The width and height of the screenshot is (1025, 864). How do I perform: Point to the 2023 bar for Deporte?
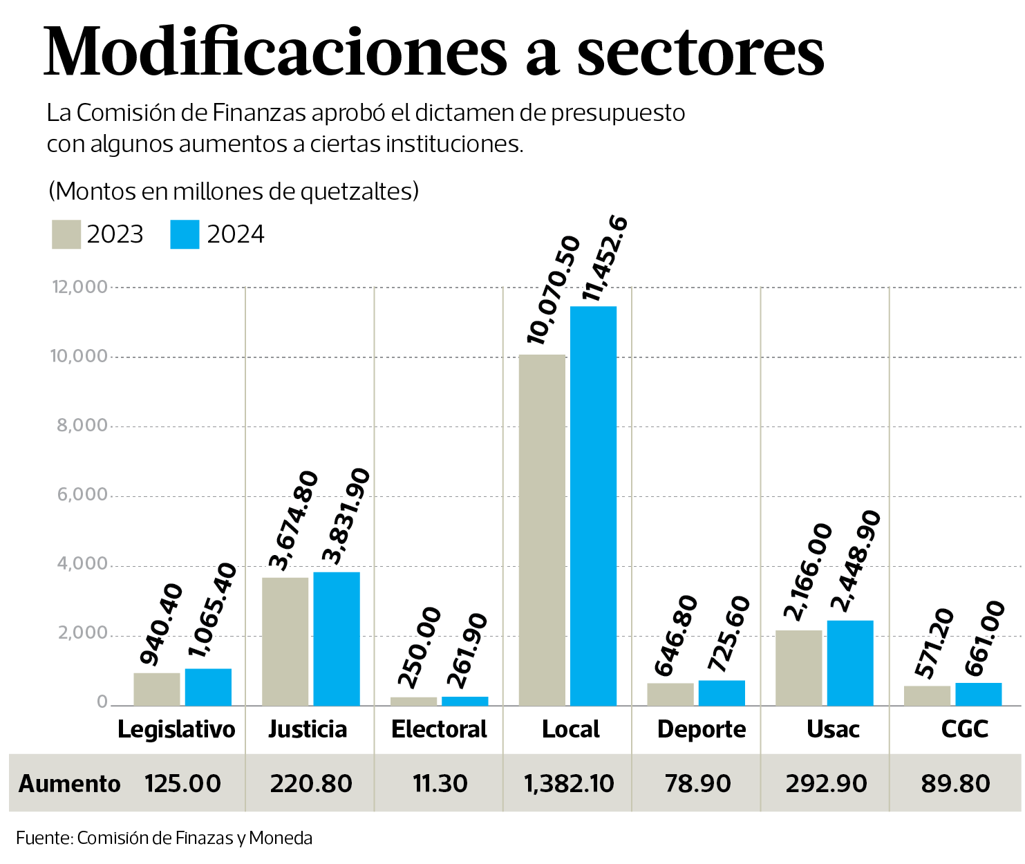tap(670, 694)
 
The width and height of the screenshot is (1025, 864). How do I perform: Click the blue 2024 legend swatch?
tap(185, 234)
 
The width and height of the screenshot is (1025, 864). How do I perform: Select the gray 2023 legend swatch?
tap(66, 234)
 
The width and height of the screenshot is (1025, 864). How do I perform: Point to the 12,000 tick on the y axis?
tap(80, 287)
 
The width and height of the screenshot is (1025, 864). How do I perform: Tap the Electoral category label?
tap(439, 729)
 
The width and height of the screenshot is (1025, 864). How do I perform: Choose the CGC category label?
tap(964, 729)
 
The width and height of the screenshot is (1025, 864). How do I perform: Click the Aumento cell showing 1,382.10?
tap(569, 784)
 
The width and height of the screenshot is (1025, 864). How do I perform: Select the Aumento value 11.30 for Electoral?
tap(440, 784)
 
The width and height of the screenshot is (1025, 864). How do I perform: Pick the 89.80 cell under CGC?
tap(955, 784)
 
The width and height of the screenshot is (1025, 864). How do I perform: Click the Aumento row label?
tap(70, 784)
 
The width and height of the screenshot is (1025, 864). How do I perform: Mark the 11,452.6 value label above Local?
tap(605, 259)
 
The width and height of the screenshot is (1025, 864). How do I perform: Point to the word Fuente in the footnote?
tap(43, 838)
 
